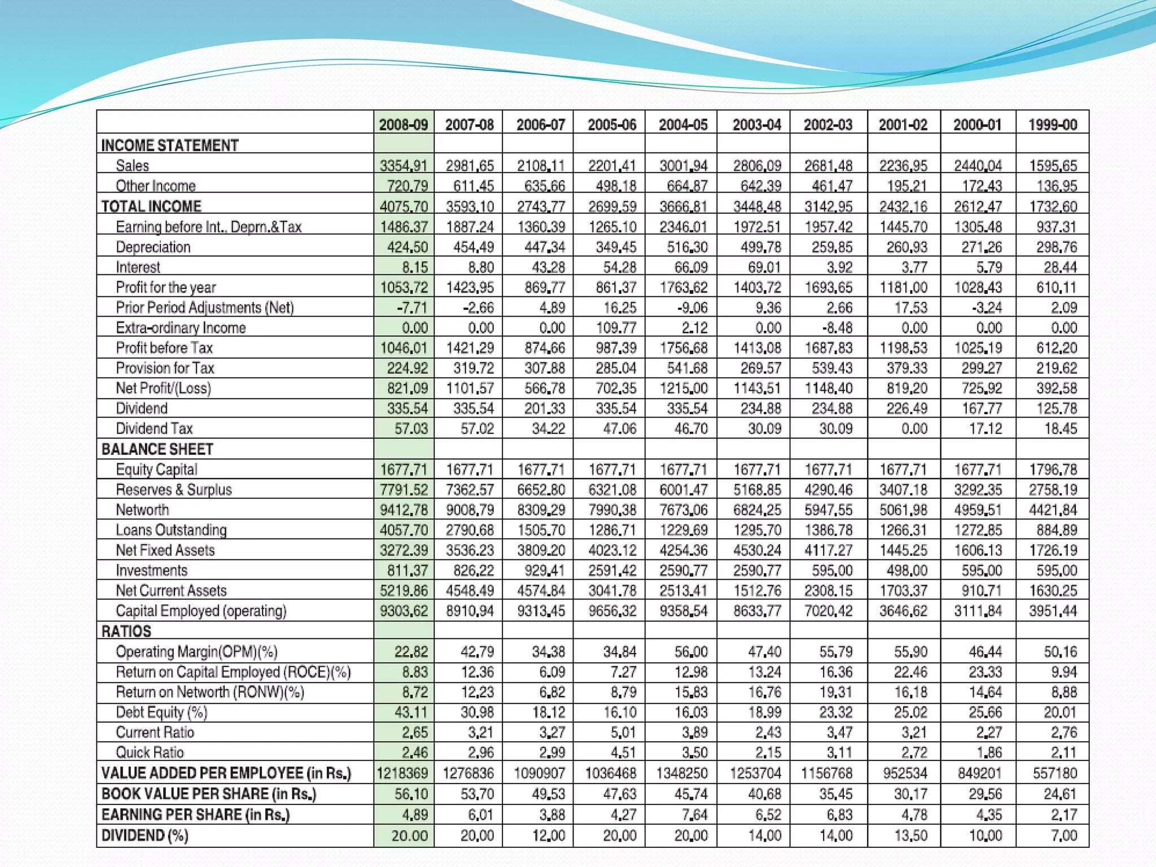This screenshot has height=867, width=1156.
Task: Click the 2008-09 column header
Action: point(404,124)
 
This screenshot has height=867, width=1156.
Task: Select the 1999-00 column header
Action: point(1053,124)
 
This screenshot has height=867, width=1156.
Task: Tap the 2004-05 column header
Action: point(683,124)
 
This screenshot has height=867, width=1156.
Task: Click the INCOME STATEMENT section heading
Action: point(170,146)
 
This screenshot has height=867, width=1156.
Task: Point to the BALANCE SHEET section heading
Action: point(157,449)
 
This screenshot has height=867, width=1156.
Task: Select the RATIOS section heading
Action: point(126,631)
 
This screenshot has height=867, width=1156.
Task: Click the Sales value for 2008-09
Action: point(404,165)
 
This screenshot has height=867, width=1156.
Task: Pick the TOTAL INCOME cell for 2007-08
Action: point(470,207)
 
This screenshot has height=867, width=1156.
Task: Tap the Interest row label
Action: point(138,267)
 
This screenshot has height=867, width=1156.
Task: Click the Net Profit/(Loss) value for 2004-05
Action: point(683,388)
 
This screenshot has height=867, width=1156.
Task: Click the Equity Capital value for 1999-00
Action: point(1053,470)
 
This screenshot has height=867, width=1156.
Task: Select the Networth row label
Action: point(142,510)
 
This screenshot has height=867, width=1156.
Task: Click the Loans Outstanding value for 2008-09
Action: point(404,530)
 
